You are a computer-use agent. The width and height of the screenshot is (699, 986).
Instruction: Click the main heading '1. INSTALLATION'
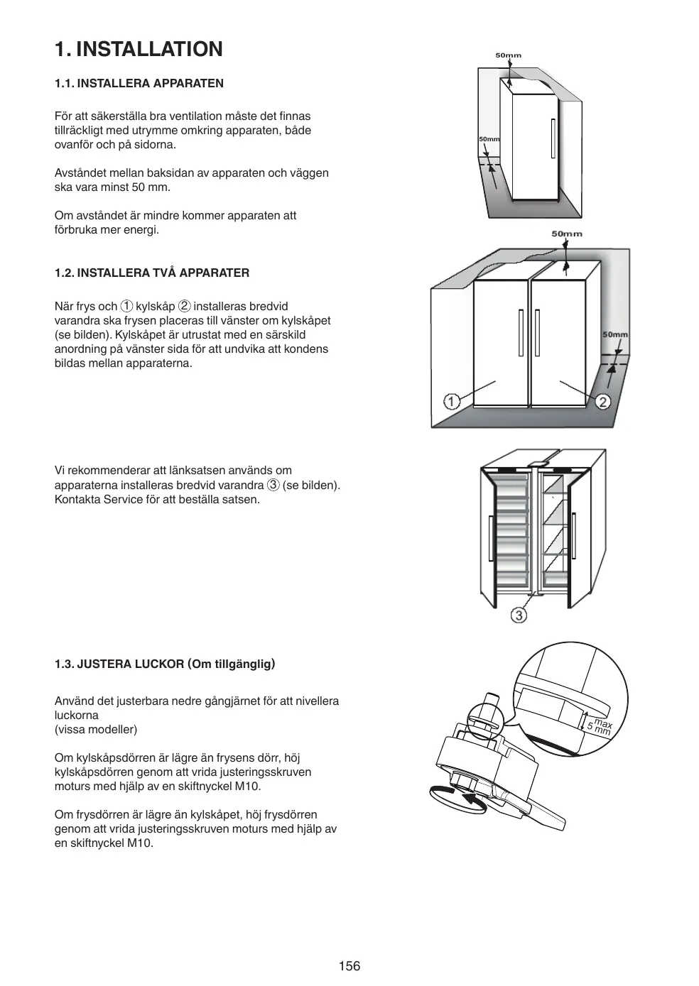(139, 49)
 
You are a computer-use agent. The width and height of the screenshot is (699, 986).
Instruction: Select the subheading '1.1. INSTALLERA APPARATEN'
(139, 83)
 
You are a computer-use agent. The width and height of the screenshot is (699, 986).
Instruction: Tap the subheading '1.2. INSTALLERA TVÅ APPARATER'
(152, 273)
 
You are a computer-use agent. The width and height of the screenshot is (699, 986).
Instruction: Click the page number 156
(349, 965)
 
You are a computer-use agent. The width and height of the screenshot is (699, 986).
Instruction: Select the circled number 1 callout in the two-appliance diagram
(452, 402)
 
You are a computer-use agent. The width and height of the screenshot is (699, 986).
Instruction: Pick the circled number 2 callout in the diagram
(602, 402)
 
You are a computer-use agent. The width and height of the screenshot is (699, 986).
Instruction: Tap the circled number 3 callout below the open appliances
(519, 615)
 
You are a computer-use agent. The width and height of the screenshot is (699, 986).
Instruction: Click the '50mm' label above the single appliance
(508, 55)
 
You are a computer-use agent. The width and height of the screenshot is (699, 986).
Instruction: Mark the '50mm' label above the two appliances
(566, 234)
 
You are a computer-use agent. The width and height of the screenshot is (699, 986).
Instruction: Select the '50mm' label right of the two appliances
(615, 334)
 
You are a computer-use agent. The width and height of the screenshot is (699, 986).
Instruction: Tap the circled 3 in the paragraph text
(273, 485)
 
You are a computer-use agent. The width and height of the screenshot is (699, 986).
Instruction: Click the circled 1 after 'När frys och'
(126, 307)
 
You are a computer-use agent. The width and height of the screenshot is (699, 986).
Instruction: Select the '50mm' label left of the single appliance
(488, 139)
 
